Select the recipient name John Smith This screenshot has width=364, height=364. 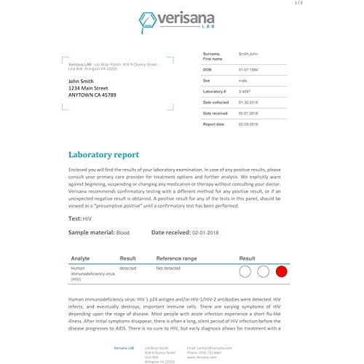pos(85,81)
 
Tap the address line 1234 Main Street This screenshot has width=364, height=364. pos(92,88)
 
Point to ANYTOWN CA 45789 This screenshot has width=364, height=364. pos(92,95)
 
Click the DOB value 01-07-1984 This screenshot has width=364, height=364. pos(250,68)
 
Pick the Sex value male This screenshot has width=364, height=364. pos(243,81)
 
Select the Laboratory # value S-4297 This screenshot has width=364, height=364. pos(245,92)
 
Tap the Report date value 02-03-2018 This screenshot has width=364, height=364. pos(250,124)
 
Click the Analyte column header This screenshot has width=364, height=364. pos(80,258)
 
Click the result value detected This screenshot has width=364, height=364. pos(127,269)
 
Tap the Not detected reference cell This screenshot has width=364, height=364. pos(169,269)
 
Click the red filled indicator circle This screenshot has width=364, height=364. pos(282,272)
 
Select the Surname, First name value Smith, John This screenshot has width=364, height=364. pos(249,55)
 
